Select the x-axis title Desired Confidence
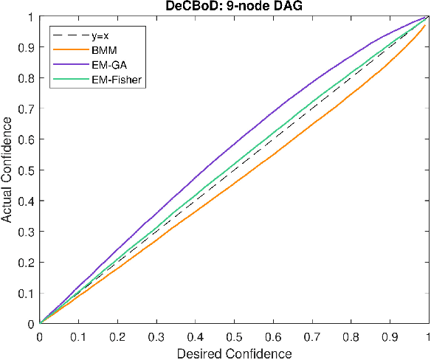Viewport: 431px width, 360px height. (234, 353)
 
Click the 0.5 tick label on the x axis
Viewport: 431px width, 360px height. (234, 336)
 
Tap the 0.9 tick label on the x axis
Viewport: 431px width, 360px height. (390, 336)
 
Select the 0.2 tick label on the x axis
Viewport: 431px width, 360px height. (117, 336)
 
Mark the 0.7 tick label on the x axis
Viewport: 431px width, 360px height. (312, 336)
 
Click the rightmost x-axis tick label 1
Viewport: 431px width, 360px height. (428, 336)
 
